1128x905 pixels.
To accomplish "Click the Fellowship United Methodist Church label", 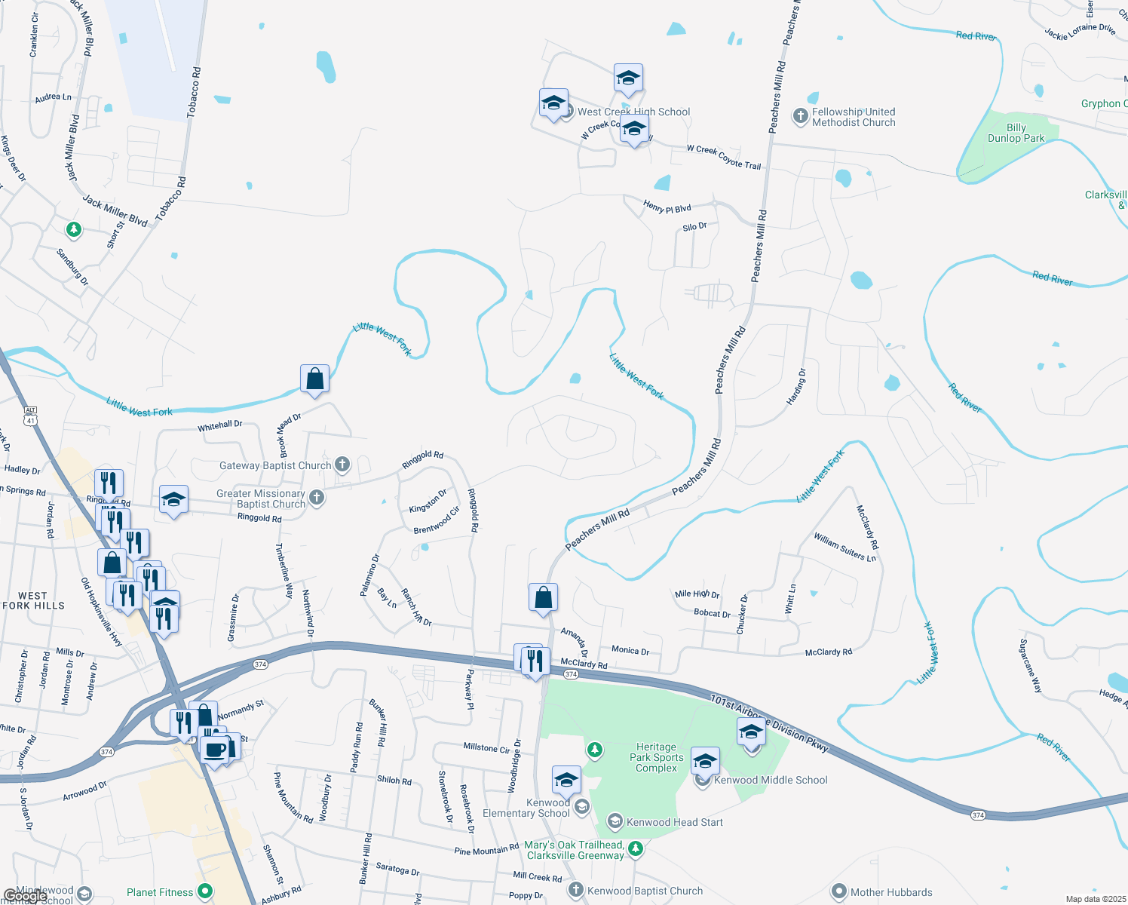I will pyautogui.click(x=854, y=117).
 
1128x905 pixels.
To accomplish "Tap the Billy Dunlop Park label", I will pyautogui.click(x=1016, y=133).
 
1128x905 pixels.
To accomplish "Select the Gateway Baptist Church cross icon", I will pyautogui.click(x=342, y=465).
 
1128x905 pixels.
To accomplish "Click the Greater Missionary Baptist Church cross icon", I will pyautogui.click(x=317, y=497).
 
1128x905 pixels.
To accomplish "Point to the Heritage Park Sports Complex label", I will pyautogui.click(x=656, y=757).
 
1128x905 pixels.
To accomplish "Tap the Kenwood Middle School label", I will pyautogui.click(x=771, y=780).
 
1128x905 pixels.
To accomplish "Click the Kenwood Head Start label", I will pyautogui.click(x=674, y=822).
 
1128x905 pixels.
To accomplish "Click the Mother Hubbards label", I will pyautogui.click(x=891, y=892).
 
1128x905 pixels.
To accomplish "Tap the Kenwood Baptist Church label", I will pyautogui.click(x=645, y=891).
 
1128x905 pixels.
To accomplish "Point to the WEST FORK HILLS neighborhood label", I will pyautogui.click(x=33, y=600).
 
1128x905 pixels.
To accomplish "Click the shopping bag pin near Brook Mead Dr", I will pyautogui.click(x=314, y=379).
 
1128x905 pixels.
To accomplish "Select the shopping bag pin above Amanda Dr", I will pyautogui.click(x=543, y=598).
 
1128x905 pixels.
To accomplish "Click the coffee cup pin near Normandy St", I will pyautogui.click(x=214, y=750).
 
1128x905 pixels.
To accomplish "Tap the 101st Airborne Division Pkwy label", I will pyautogui.click(x=769, y=722).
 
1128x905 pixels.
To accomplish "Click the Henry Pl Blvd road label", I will pyautogui.click(x=667, y=207).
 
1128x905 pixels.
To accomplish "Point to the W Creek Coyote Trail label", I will pyautogui.click(x=723, y=157).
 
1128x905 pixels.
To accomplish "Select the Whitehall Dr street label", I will pyautogui.click(x=220, y=425).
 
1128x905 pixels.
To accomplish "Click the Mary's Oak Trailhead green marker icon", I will pyautogui.click(x=636, y=849).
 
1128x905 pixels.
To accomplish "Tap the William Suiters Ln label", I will pyautogui.click(x=844, y=547).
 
